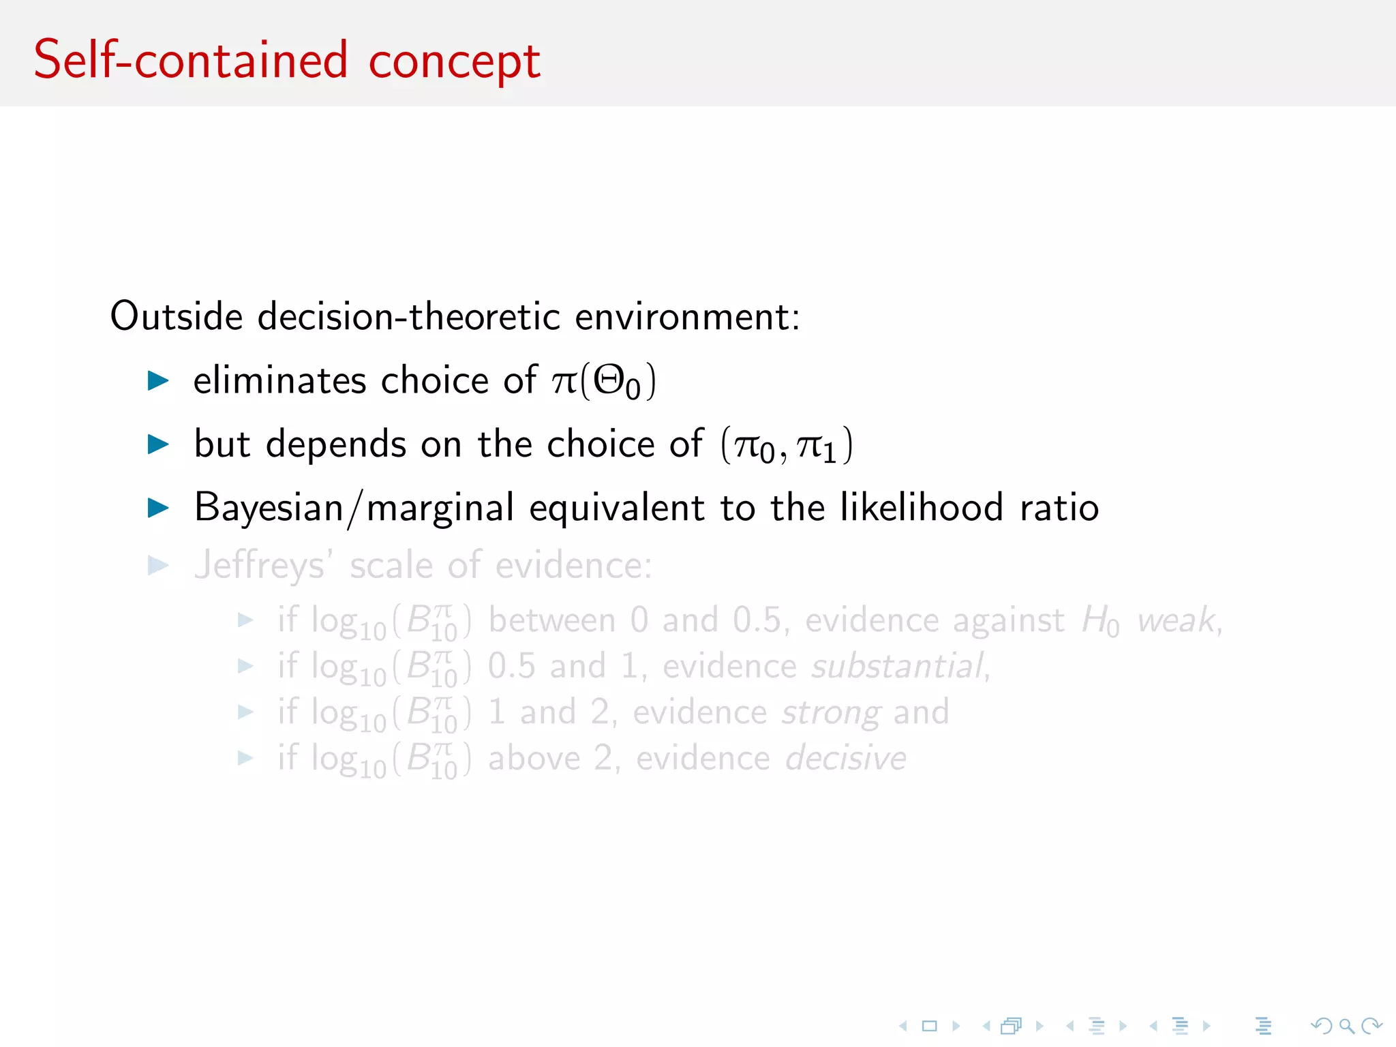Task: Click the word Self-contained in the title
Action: point(191,60)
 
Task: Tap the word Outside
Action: point(177,316)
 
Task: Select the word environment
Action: point(687,316)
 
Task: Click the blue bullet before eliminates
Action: point(158,380)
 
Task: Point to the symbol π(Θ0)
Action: point(604,380)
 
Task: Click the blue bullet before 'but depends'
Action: point(158,444)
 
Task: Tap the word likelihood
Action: point(922,508)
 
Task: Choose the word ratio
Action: point(1059,508)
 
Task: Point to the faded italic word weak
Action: point(1177,620)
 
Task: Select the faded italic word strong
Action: point(831,713)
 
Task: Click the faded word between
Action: point(552,620)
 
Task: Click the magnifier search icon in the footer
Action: point(1346,1025)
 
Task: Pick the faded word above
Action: point(534,758)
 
